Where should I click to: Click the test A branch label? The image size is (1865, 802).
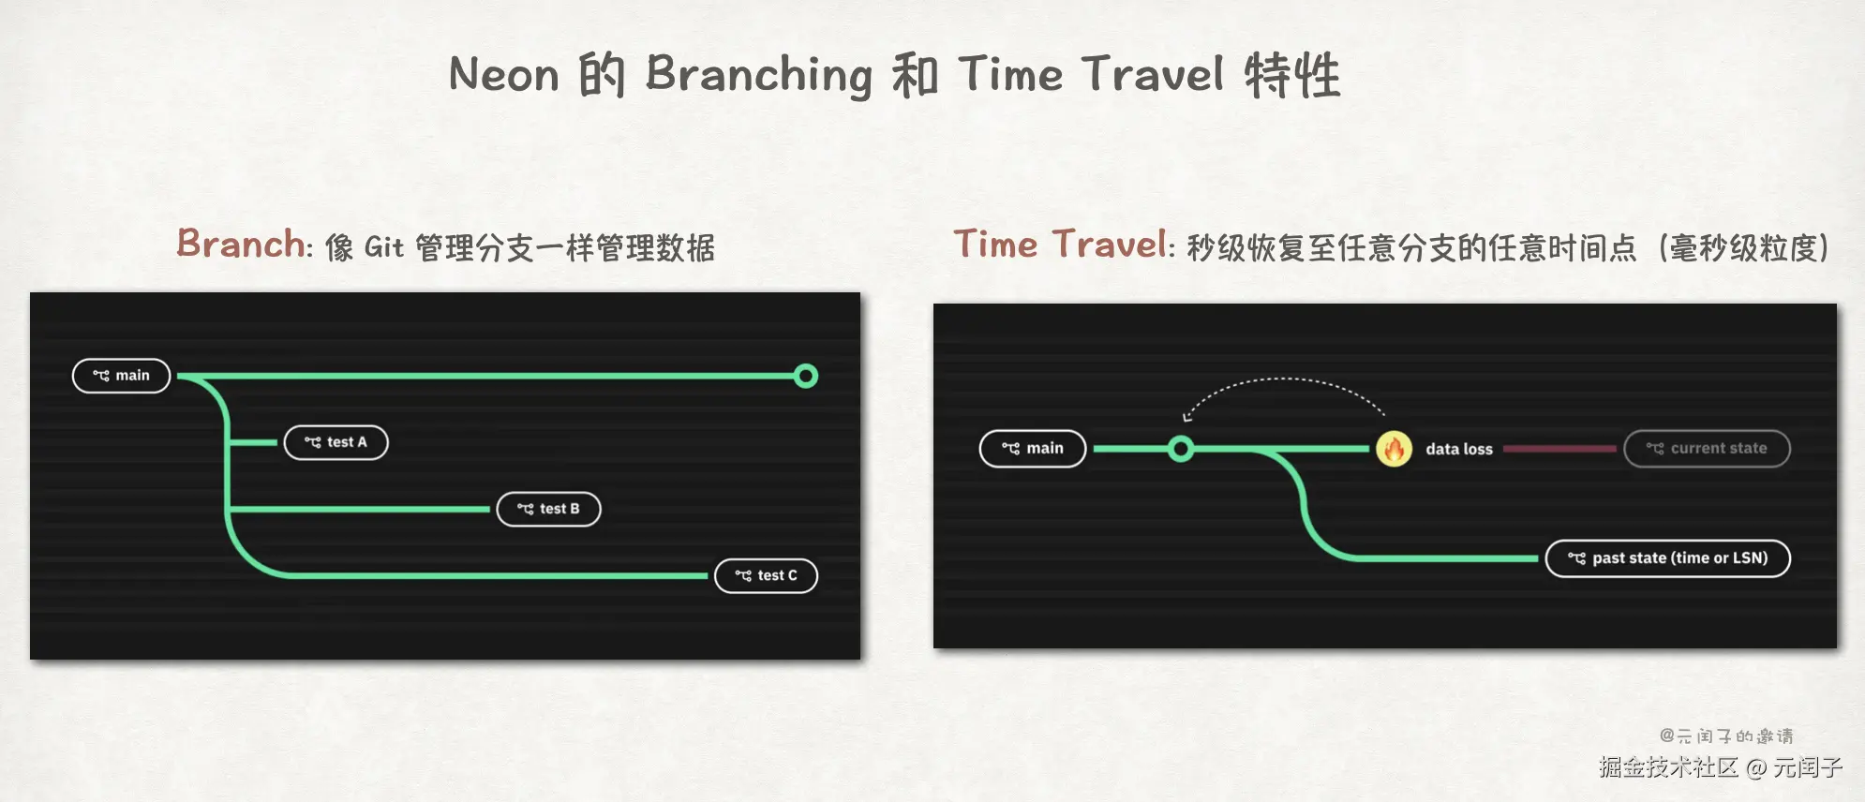(336, 442)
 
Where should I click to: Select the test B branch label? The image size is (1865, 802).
(549, 509)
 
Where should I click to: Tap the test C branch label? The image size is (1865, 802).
(767, 575)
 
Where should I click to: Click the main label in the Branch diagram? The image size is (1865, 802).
(122, 376)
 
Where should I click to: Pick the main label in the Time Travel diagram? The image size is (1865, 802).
(1033, 449)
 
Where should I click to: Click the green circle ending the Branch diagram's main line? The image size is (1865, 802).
(806, 376)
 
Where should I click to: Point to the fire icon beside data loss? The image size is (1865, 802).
(1395, 449)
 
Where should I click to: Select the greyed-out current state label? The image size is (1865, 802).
(1708, 449)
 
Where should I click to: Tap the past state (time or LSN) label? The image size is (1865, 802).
(1668, 558)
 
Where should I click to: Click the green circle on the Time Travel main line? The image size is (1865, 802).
(1182, 449)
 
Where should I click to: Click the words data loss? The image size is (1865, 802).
(1459, 449)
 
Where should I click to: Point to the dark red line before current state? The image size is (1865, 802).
(1559, 449)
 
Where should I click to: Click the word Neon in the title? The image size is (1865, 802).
(504, 74)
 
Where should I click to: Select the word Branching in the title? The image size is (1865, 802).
(759, 75)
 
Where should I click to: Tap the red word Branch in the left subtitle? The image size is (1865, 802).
(241, 244)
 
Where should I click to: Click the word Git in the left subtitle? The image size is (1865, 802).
(383, 247)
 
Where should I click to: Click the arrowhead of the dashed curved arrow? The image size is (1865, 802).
(1186, 417)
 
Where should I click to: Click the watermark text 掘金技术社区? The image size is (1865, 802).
(1669, 767)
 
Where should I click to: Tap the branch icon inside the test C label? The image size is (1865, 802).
(743, 575)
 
